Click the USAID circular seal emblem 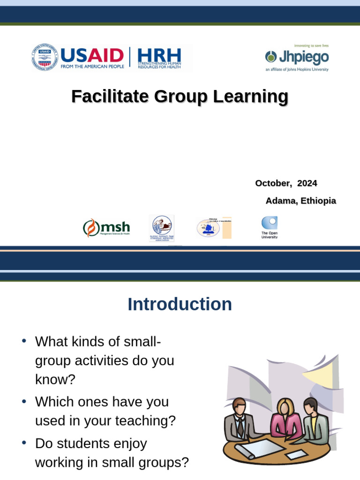tap(45, 58)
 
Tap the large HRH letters tap(159, 55)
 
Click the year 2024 tap(307, 183)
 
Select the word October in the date tap(271, 183)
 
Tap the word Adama tap(280, 201)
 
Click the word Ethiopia tap(318, 201)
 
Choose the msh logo tap(106, 228)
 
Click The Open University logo tap(270, 227)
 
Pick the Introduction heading tap(180, 304)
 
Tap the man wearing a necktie tap(239, 420)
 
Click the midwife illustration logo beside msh tap(161, 228)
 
